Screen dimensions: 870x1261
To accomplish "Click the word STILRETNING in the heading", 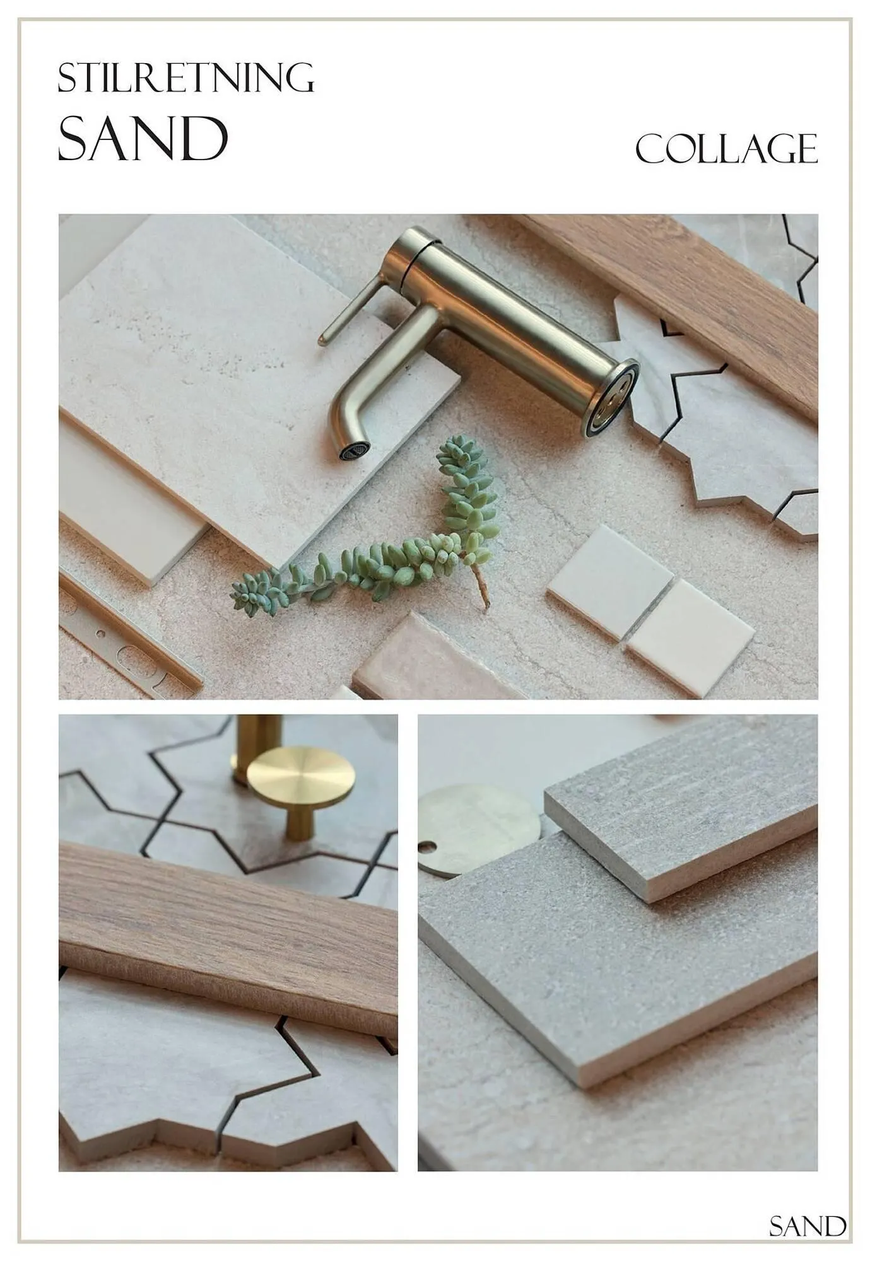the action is pos(185,78).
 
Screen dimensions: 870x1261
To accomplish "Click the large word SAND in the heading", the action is pos(143,137).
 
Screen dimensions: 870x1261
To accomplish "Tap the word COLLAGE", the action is pos(726,149).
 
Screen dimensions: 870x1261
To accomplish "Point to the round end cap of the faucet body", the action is pos(611,398).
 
